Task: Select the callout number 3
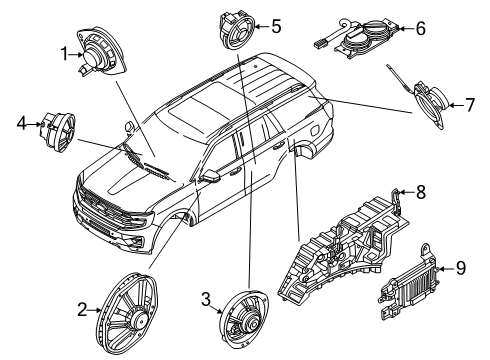(205, 299)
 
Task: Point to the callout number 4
(20, 125)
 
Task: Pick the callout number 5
(275, 25)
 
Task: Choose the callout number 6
(421, 29)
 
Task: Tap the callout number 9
(459, 267)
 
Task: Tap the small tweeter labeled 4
(57, 127)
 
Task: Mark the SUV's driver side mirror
(211, 176)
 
